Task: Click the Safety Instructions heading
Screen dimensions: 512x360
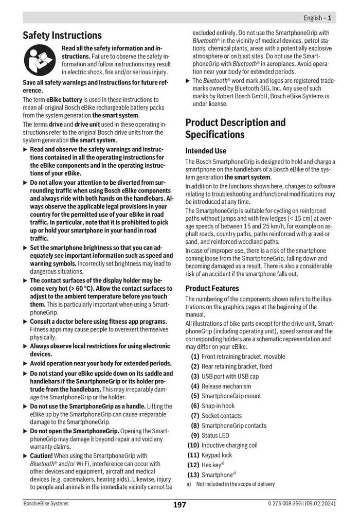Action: pyautogui.click(x=62, y=36)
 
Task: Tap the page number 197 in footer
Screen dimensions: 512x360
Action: pyautogui.click(x=179, y=504)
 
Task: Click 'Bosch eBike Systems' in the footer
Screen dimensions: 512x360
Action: pyautogui.click(x=46, y=504)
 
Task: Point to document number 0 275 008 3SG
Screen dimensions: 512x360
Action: pyautogui.click(x=288, y=504)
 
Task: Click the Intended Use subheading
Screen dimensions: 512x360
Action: pyautogui.click(x=205, y=151)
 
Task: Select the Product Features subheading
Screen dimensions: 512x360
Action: pyautogui.click(x=212, y=288)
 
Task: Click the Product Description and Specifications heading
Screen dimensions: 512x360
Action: pyautogui.click(x=235, y=129)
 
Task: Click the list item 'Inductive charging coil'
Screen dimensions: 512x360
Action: pyautogui.click(x=229, y=445)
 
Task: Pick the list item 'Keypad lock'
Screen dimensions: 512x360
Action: pyautogui.click(x=217, y=455)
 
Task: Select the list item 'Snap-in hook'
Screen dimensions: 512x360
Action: pyautogui.click(x=218, y=405)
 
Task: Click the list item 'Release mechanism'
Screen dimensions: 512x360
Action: pyautogui.click(x=226, y=386)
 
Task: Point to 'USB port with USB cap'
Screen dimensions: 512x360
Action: pyautogui.click(x=230, y=376)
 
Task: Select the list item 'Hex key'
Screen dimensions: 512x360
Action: pyautogui.click(x=211, y=465)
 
